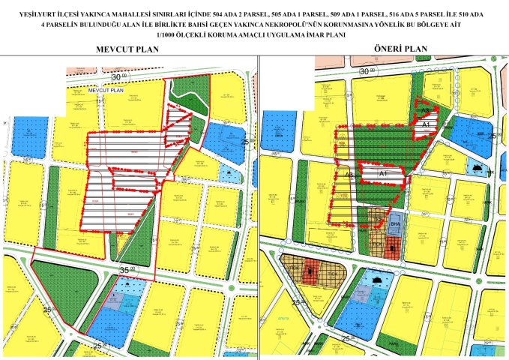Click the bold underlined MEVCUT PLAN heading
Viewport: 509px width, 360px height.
pos(130,49)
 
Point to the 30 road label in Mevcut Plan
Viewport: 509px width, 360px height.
pos(116,77)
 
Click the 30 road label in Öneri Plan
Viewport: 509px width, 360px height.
pos(365,70)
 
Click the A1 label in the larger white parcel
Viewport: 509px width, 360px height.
pos(382,174)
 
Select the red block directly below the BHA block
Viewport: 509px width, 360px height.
pos(394,247)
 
